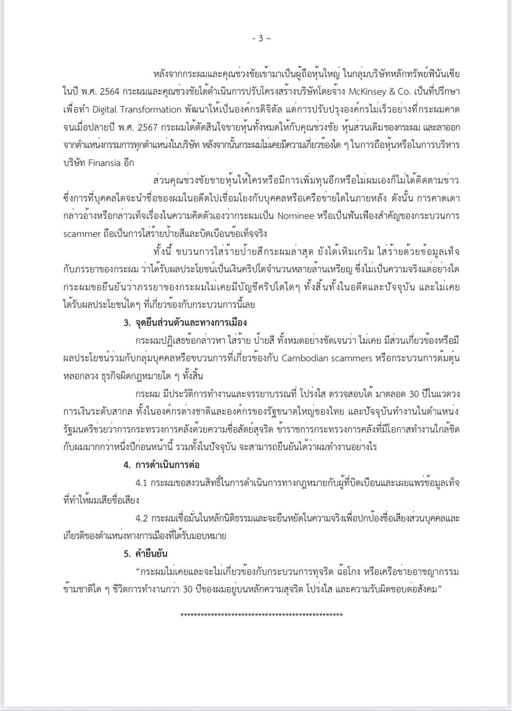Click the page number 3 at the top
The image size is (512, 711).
pos(260,39)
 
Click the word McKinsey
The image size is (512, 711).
pos(367,92)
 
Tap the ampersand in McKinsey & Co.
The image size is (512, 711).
pos(392,92)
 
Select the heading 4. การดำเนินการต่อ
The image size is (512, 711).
pos(162,465)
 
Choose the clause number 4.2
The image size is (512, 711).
pos(142,518)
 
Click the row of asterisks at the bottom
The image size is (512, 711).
pos(262,615)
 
